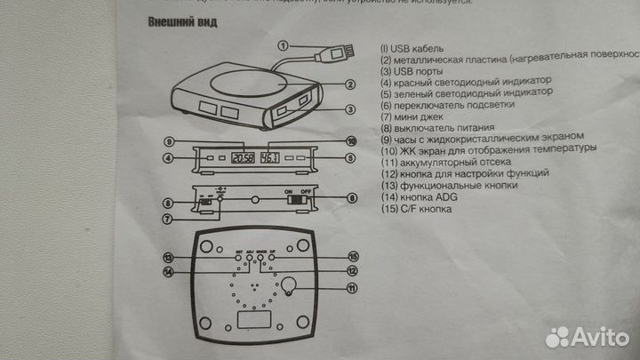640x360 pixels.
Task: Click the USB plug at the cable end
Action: point(331,55)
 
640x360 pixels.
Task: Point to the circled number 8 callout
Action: point(168,204)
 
